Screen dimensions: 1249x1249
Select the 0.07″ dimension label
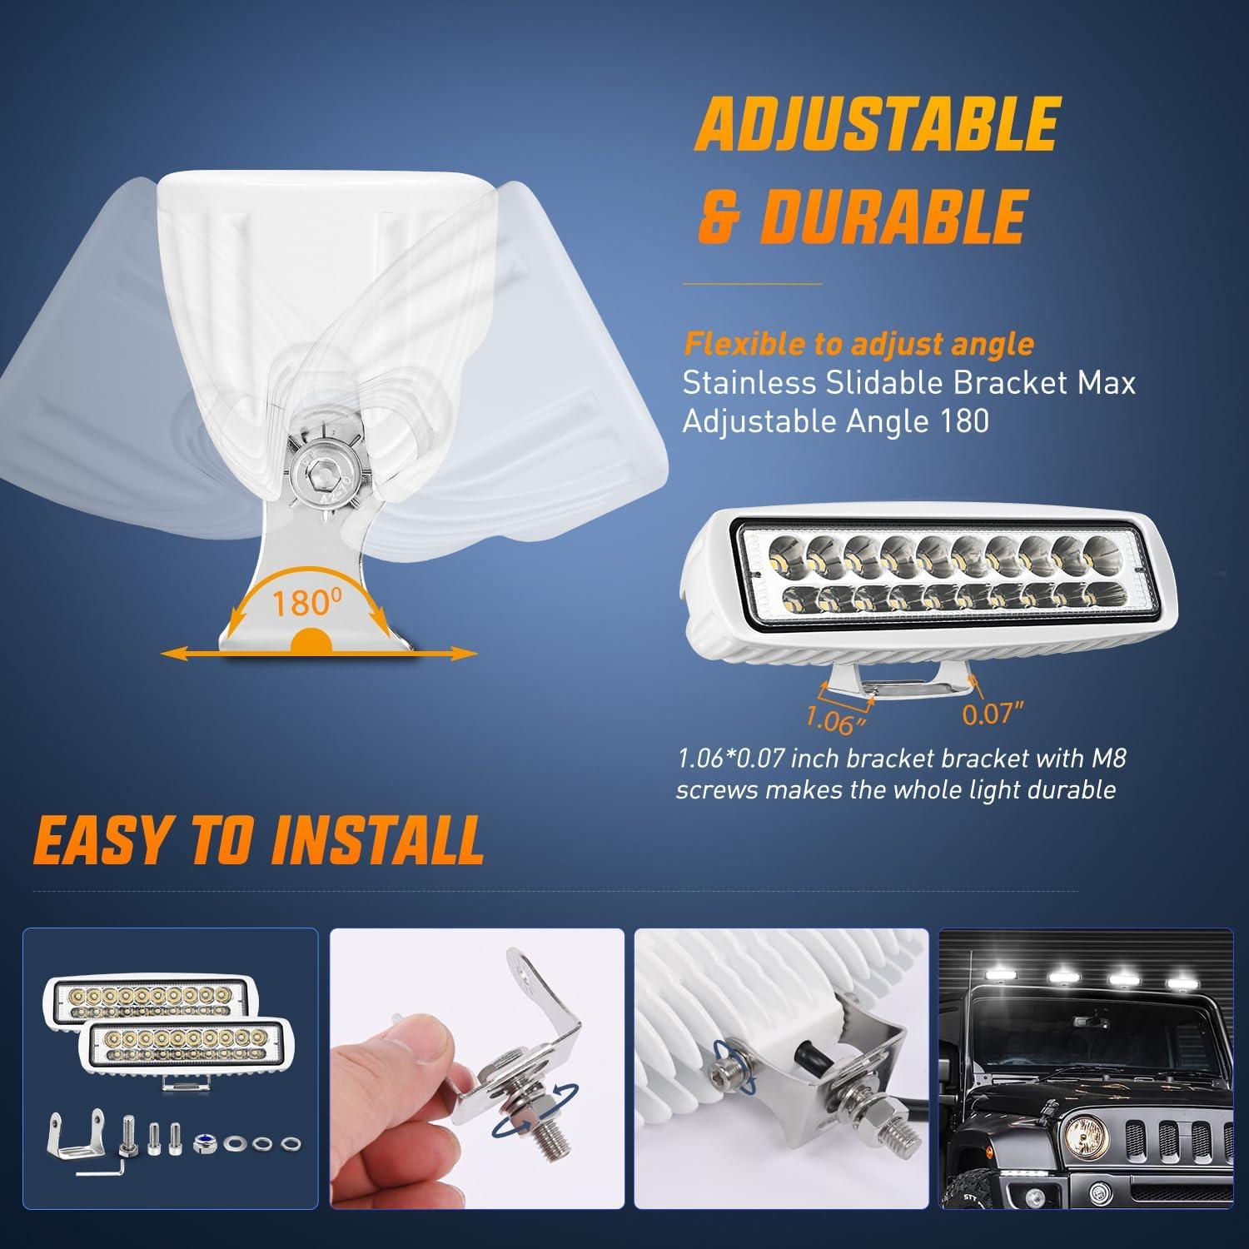pyautogui.click(x=991, y=714)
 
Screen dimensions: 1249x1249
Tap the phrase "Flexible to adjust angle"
pyautogui.click(x=858, y=343)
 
